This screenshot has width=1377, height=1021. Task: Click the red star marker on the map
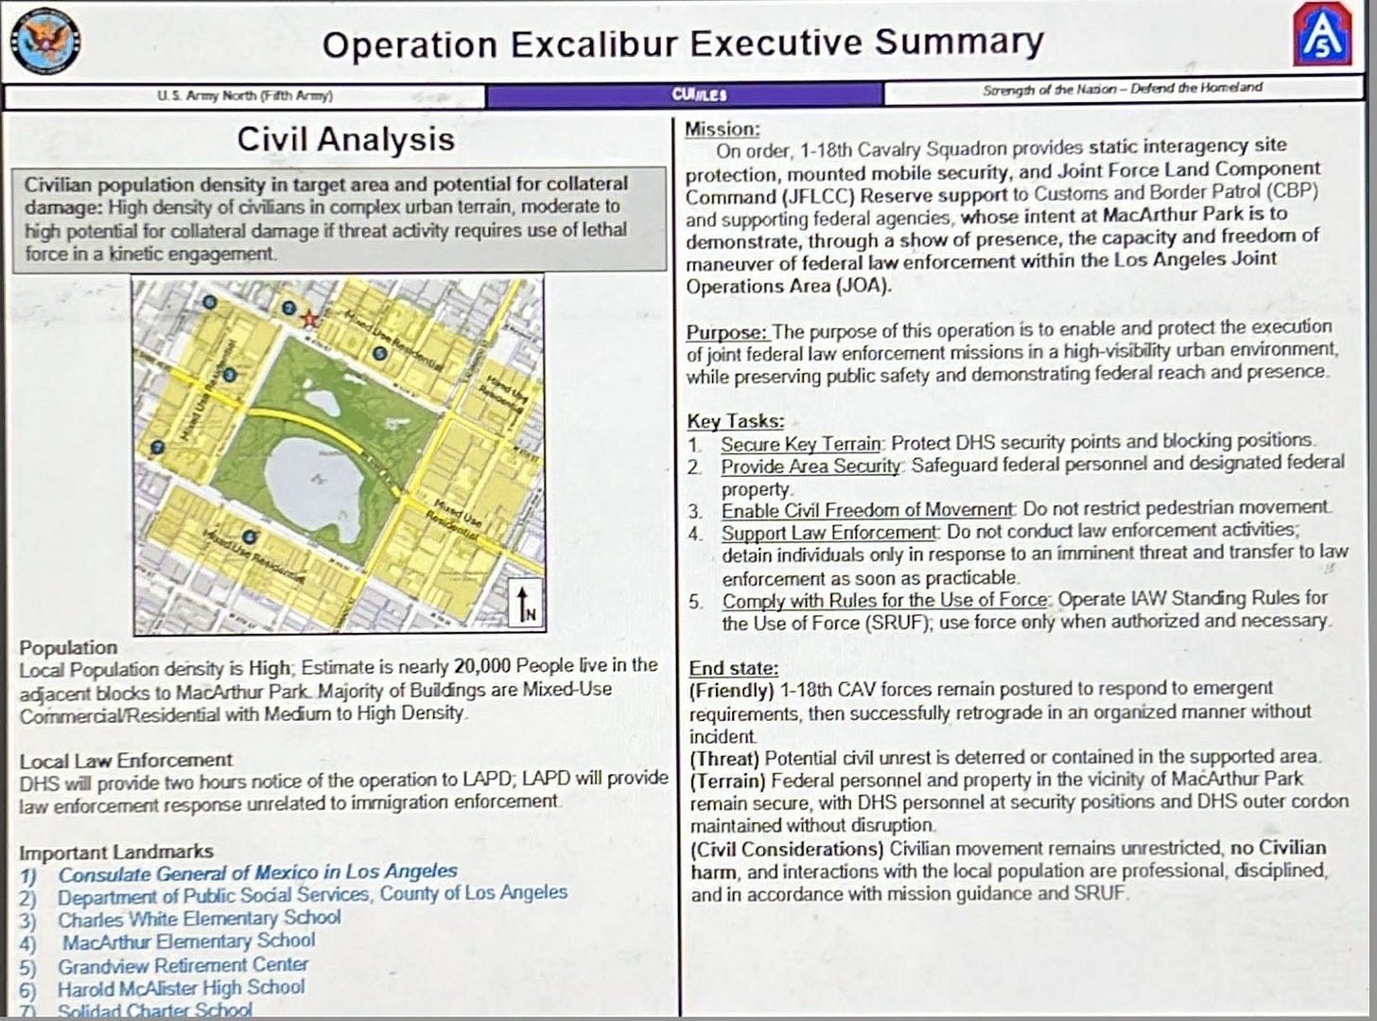308,319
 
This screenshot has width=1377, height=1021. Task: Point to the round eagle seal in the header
44,44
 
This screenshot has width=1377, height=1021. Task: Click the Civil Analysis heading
345,139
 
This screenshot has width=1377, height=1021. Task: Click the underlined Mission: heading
722,130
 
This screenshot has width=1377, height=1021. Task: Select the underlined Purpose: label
726,332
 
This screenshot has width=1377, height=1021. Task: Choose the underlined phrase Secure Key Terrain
800,443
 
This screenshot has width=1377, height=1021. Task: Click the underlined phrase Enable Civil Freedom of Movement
866,510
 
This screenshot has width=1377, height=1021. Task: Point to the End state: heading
733,668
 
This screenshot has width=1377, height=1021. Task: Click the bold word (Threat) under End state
724,758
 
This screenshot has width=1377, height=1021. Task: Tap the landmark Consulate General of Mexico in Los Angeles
257,871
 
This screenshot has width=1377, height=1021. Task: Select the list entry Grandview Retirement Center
183,965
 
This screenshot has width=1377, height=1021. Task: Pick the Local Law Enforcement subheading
125,760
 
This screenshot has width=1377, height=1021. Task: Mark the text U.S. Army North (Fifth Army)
245,96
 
